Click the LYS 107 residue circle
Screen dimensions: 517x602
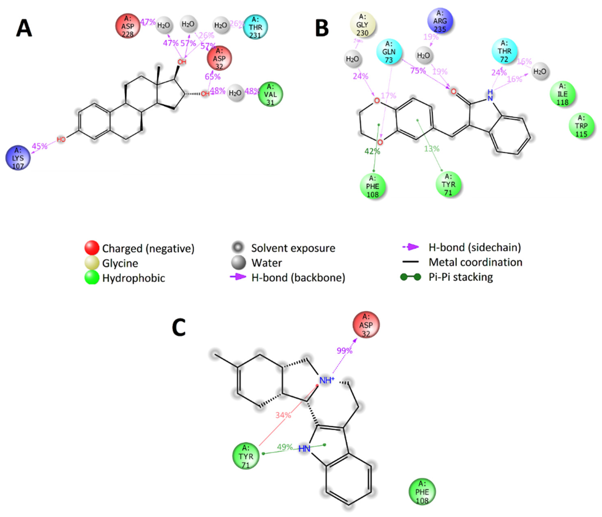(18, 158)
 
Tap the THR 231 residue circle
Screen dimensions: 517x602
(255, 27)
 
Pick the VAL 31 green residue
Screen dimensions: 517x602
(270, 94)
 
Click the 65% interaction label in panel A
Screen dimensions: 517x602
(212, 77)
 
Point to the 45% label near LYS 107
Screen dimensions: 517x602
(40, 146)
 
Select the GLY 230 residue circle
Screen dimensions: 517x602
(362, 25)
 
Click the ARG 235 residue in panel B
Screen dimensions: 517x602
(440, 21)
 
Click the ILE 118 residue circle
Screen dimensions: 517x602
(562, 94)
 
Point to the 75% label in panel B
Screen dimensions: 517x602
(418, 71)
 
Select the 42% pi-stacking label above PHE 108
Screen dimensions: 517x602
(372, 151)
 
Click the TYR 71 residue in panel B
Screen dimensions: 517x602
(448, 184)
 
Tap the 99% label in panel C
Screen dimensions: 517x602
(344, 351)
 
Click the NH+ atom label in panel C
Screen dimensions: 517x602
(327, 380)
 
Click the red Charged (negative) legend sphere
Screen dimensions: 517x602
(92, 248)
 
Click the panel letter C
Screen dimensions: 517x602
(179, 327)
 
